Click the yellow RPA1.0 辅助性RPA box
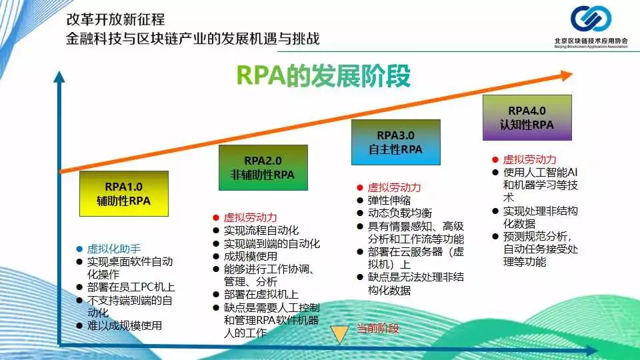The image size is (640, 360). coord(124,193)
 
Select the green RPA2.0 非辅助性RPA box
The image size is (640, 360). coord(263,167)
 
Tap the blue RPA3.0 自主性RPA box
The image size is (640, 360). coord(396,142)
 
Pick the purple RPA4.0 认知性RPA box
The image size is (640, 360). coord(527,117)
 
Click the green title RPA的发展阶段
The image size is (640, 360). coord(323,76)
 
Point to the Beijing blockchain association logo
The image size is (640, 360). coord(591,27)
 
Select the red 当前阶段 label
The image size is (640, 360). coord(377,328)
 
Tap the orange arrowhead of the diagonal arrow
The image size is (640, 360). coord(567,75)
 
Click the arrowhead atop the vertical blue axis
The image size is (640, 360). coord(59,77)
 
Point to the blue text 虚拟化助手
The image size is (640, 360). coord(114,249)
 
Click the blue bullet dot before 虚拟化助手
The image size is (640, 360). coord(79,249)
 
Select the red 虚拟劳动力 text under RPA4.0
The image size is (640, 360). coord(529,159)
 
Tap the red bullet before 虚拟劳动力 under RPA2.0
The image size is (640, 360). coord(216,218)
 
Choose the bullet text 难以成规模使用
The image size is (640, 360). coord(125,325)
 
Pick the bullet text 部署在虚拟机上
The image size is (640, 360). coord(261,294)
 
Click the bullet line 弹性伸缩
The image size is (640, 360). coord(389,200)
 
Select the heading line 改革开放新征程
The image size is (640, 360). coord(115,19)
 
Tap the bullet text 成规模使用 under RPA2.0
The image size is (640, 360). coord(250,256)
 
